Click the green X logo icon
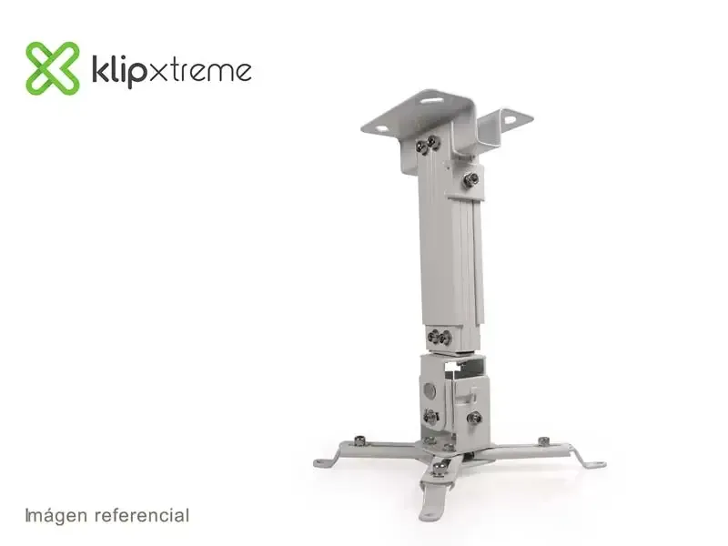click(x=53, y=68)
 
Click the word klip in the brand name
click(x=118, y=71)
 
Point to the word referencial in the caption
click(x=142, y=515)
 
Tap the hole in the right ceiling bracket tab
click(x=511, y=119)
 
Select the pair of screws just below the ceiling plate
click(x=428, y=144)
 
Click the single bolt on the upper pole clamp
click(x=470, y=179)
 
